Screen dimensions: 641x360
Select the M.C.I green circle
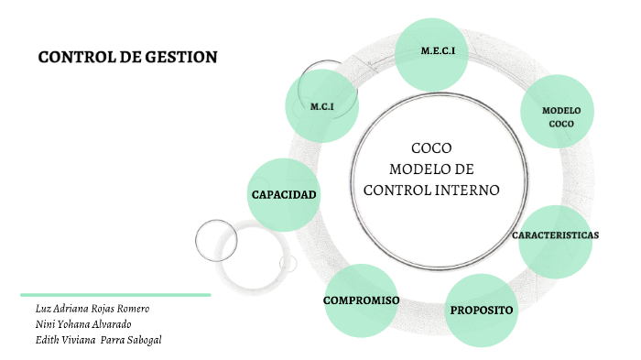(321, 106)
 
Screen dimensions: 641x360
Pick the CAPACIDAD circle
(284, 194)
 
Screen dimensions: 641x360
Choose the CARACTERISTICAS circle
(555, 235)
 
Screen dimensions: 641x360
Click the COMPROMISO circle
(361, 300)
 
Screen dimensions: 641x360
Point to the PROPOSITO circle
(482, 311)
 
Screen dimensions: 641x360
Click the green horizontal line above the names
(116, 295)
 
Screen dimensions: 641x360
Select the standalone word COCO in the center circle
(431, 148)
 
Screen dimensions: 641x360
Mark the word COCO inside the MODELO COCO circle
(560, 123)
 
